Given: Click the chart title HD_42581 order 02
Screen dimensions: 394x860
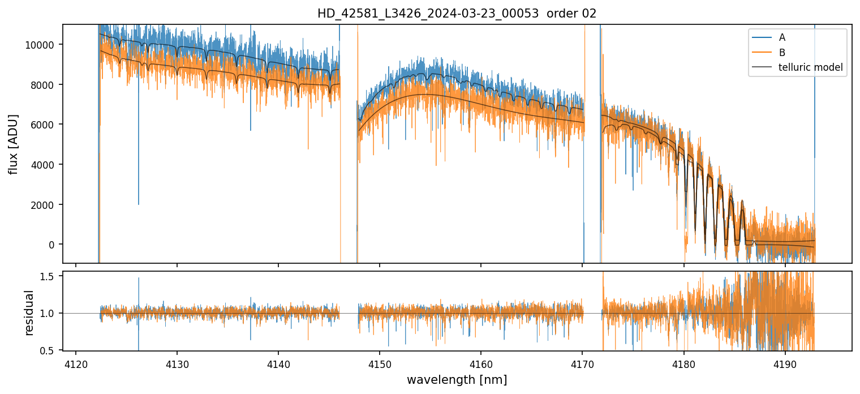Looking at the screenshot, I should coord(457,14).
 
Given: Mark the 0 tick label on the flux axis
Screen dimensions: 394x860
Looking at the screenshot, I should coord(52,245).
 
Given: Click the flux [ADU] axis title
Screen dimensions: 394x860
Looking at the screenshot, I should coord(13,144).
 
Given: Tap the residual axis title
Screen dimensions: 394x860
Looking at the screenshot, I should coord(29,312).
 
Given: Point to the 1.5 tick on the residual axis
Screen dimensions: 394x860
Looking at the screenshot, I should coord(48,276).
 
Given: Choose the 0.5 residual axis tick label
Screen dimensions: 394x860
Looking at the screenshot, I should coord(48,351).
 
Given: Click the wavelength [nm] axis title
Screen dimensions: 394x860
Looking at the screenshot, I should coord(457,380).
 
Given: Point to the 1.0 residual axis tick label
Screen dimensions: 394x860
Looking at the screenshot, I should coord(48,314).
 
